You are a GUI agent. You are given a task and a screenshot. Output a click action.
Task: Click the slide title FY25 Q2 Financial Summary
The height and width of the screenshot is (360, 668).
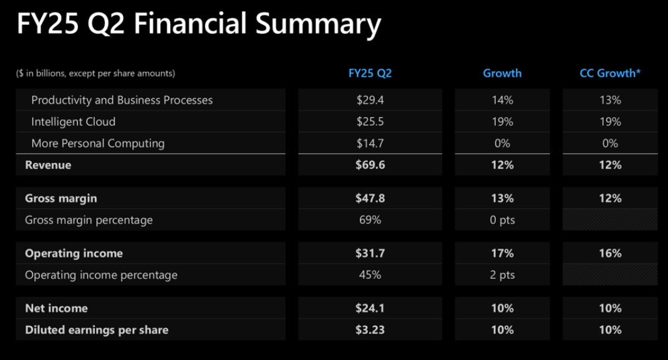[198, 25]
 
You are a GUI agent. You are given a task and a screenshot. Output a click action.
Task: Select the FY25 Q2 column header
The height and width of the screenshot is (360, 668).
[370, 73]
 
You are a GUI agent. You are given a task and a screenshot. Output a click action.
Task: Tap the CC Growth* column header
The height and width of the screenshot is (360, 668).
[610, 73]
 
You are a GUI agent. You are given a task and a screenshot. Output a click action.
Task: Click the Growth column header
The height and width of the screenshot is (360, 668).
[502, 73]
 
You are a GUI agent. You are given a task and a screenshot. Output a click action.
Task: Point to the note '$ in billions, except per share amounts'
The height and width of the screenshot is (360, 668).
[95, 74]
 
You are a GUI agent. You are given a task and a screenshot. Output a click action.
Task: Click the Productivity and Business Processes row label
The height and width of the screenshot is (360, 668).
[122, 100]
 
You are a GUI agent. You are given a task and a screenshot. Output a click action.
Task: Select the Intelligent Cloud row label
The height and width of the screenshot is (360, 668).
[73, 122]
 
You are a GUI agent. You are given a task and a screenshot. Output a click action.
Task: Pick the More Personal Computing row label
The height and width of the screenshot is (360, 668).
[98, 144]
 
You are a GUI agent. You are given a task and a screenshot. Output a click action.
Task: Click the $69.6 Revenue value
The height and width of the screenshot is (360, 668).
[370, 165]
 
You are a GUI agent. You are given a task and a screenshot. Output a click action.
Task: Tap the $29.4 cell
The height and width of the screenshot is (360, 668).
[370, 100]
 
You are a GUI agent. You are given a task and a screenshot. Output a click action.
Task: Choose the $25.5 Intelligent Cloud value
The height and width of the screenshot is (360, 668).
[370, 122]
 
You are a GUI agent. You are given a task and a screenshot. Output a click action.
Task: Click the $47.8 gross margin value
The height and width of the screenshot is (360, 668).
[370, 198]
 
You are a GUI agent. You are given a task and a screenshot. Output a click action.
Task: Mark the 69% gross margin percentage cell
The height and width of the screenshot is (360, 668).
[370, 220]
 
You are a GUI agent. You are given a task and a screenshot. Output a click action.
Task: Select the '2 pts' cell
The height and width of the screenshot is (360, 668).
[502, 275]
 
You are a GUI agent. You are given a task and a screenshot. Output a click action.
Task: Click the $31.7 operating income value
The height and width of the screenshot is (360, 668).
[370, 253]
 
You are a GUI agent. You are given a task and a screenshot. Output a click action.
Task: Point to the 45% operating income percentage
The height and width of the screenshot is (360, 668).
[370, 275]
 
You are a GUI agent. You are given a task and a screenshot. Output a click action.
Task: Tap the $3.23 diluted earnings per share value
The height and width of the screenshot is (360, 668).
[370, 330]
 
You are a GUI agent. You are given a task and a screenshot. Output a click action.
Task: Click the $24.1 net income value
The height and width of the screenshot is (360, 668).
[370, 308]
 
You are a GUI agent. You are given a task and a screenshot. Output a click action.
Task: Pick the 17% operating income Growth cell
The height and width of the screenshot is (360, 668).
[502, 253]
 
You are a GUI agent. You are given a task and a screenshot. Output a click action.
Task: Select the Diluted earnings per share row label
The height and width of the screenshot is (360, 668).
[97, 330]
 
